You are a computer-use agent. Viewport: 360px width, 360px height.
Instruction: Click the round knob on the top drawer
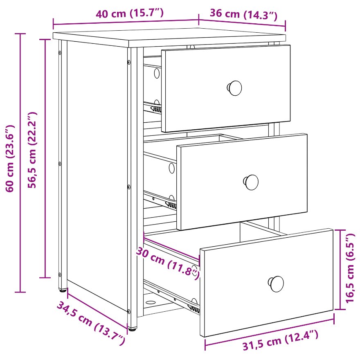(x=235, y=88)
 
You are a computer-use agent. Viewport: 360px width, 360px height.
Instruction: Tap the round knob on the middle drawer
(x=251, y=182)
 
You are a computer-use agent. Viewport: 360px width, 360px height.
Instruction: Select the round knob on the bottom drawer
(x=276, y=284)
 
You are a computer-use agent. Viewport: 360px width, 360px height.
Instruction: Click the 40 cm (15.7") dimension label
(x=130, y=13)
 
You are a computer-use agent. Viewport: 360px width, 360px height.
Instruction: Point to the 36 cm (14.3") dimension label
(x=243, y=14)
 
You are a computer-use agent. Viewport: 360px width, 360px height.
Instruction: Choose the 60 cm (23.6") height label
(x=10, y=158)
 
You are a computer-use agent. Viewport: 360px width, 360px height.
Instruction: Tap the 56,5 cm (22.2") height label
(x=32, y=150)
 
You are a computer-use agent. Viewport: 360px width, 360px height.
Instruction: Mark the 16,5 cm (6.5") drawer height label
(x=350, y=268)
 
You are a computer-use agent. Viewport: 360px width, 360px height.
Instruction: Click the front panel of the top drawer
(x=226, y=88)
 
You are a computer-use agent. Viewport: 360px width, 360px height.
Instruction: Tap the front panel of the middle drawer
(x=242, y=182)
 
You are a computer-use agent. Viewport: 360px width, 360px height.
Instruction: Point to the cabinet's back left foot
(x=63, y=290)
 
